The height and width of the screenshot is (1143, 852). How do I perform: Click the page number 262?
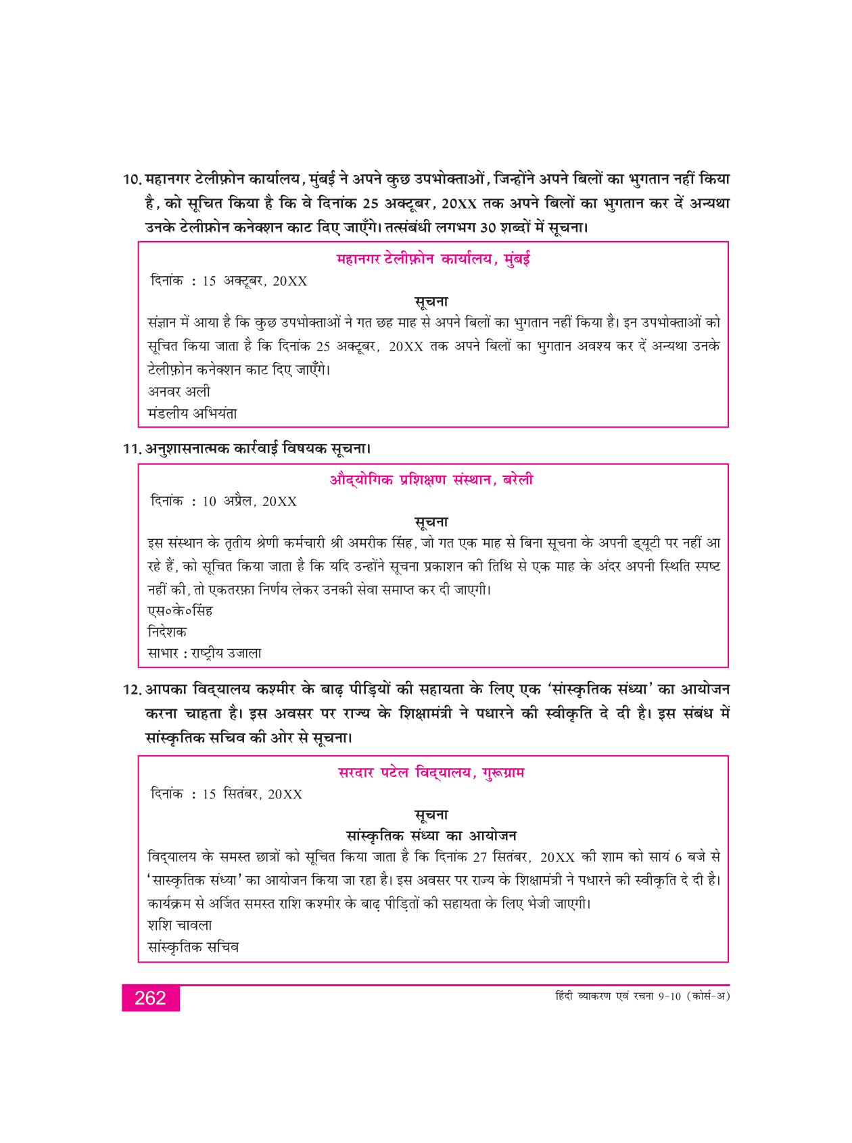150,998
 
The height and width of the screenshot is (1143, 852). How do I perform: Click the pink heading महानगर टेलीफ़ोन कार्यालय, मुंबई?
433,259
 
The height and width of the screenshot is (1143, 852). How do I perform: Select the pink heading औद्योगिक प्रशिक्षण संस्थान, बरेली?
431,480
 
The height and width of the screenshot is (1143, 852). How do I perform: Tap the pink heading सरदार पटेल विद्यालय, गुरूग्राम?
431,772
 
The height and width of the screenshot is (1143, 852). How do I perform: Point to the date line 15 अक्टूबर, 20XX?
229,281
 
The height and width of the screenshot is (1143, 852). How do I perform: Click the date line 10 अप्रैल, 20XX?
224,501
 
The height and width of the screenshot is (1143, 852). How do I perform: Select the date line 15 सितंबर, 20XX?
227,794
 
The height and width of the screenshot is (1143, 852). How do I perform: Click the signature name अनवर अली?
179,391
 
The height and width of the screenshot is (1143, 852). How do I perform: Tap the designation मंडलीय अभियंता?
192,413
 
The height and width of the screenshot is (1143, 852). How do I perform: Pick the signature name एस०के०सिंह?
181,611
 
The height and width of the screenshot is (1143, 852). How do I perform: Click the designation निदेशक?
167,632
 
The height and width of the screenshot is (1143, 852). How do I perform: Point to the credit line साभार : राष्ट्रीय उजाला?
204,653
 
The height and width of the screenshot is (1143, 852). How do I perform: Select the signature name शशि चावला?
180,925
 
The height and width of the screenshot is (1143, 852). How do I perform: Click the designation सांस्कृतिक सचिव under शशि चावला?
193,947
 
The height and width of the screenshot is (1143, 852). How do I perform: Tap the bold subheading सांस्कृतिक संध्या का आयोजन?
431,836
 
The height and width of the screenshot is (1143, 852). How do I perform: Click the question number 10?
132,180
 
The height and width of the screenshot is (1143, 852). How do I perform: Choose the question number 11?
132,449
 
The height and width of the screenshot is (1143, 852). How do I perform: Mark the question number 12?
132,690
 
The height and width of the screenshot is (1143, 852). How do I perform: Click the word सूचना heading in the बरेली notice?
431,522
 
